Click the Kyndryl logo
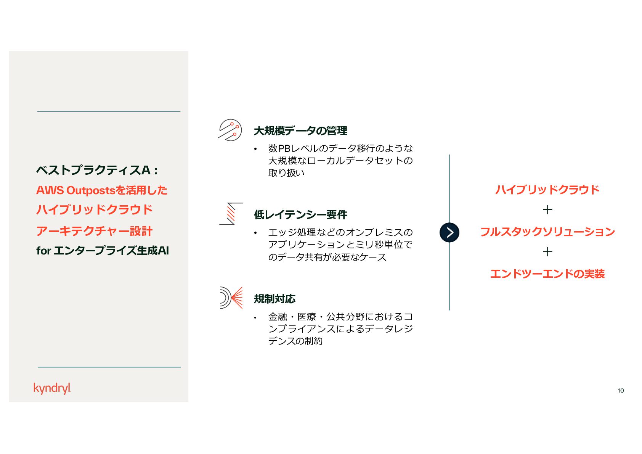(x=52, y=388)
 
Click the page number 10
(x=621, y=390)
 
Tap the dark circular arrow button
(x=449, y=232)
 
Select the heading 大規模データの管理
(x=300, y=131)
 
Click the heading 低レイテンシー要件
(x=300, y=215)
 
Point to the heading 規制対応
(x=274, y=299)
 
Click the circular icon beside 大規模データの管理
(x=230, y=130)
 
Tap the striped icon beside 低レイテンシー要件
(x=231, y=214)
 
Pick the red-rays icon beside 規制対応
(x=231, y=298)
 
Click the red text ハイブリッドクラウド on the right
(x=547, y=190)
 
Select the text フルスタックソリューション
(x=547, y=232)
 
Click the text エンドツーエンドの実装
(x=547, y=274)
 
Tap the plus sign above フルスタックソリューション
(x=547, y=209)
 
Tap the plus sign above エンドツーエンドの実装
(x=547, y=251)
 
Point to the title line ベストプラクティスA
(x=97, y=170)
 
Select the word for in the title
(x=43, y=251)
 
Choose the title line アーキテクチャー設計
(x=94, y=231)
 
